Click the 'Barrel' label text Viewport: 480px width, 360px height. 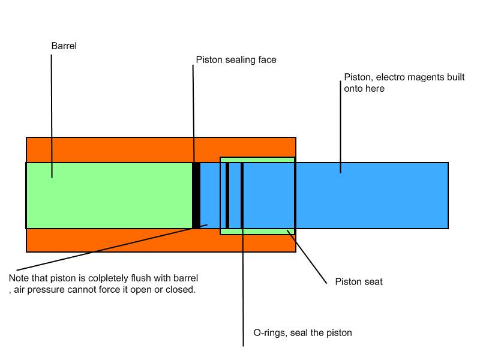64,46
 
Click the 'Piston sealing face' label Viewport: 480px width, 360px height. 236,60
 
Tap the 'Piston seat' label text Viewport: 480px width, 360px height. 358,281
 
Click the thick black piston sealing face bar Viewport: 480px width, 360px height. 196,195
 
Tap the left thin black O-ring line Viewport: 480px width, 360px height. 227,195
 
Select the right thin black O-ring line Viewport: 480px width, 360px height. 242,195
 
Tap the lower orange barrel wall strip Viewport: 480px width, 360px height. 120,240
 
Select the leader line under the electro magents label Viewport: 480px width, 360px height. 341,132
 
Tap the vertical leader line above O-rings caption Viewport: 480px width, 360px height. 243,288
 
